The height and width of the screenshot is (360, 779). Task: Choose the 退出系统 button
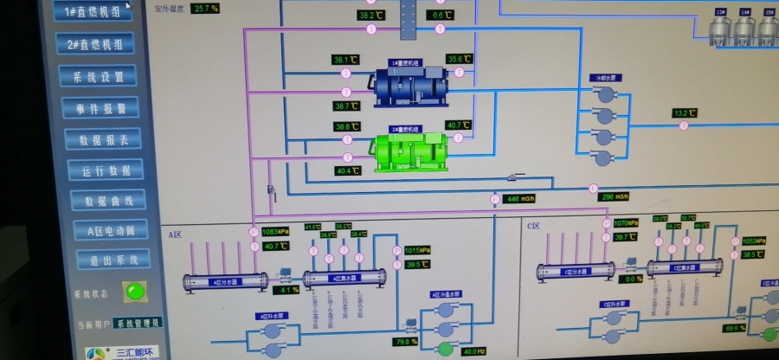(x=107, y=259)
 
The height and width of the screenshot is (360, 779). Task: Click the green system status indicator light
(x=133, y=291)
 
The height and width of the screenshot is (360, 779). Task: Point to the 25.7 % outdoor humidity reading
(x=206, y=8)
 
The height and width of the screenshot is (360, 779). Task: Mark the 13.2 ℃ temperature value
(x=685, y=113)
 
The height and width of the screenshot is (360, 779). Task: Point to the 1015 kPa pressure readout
(x=417, y=251)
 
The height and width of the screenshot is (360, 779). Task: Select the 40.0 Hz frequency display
(x=474, y=350)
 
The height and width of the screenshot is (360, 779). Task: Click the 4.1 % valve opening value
(x=289, y=289)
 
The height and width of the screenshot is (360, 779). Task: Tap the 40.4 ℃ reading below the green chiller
(x=347, y=170)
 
